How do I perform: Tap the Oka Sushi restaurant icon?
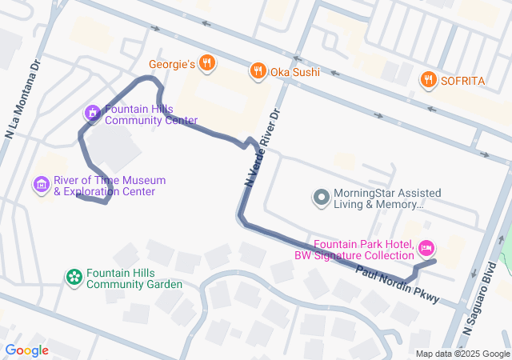click(257, 71)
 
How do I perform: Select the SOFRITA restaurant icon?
click(429, 79)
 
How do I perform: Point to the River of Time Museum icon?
click(42, 186)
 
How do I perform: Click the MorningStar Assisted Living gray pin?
click(321, 197)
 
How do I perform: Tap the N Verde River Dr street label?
click(262, 147)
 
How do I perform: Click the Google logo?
click(27, 350)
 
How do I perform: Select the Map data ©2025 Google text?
click(462, 354)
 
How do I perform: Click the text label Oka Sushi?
click(294, 71)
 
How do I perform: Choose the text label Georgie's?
click(172, 64)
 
